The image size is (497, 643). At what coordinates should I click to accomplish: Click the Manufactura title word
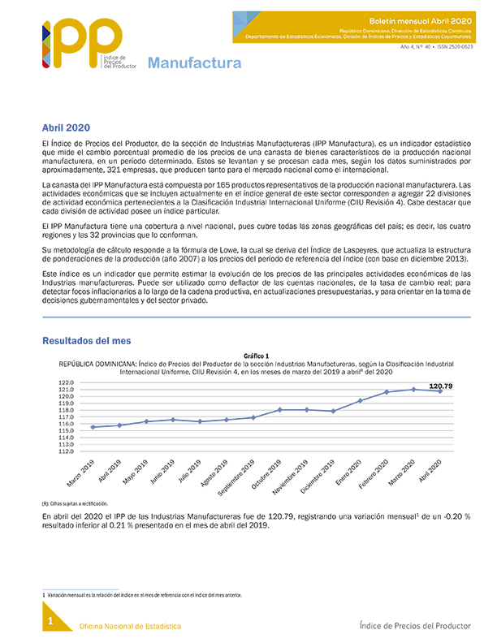[x=194, y=63]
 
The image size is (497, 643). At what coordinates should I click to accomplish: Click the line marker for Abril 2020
[x=440, y=391]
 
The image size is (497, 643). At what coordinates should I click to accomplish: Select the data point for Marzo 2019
[x=93, y=427]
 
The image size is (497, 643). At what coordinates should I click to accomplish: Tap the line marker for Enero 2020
[x=360, y=401]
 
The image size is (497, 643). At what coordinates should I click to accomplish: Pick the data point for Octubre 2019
[x=280, y=410]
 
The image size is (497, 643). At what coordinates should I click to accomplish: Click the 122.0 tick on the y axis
[x=67, y=382]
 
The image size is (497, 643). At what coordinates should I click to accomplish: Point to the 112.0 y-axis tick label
[x=67, y=452]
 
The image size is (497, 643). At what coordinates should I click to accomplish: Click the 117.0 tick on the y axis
[x=67, y=417]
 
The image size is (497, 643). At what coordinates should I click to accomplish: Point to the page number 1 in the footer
[x=50, y=622]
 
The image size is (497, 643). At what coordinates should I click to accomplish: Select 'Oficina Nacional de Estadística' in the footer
[x=129, y=626]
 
